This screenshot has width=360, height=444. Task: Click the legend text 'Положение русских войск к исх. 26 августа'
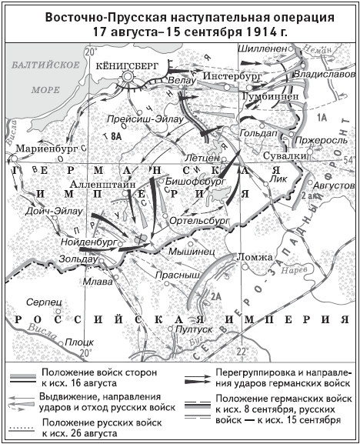[x=103, y=428]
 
